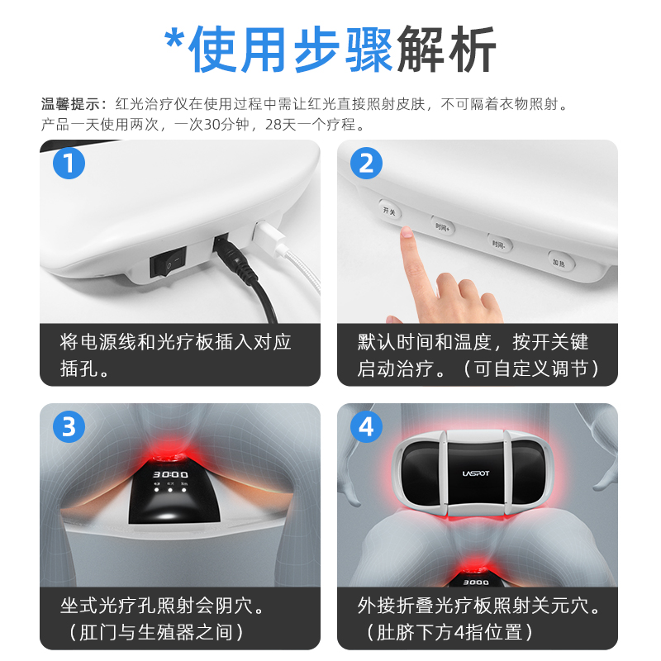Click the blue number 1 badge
(69, 163)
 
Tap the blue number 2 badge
(366, 163)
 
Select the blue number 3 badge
(69, 426)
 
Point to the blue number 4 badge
(366, 426)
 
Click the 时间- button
(498, 245)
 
